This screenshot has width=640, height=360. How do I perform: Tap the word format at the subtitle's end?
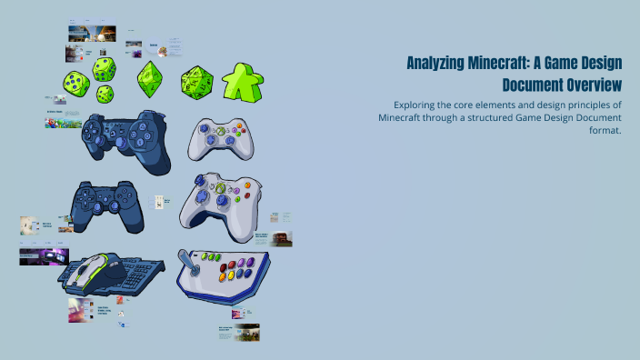coord(603,130)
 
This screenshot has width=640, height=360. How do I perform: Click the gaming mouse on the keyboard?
coord(95,270)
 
